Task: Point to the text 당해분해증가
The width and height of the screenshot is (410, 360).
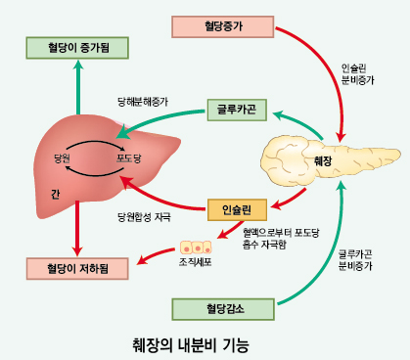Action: (141, 100)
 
